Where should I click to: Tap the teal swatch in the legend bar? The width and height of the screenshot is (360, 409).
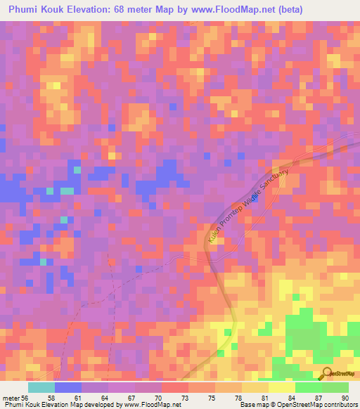(41, 387)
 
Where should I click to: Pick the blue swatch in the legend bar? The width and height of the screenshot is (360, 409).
(68, 387)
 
